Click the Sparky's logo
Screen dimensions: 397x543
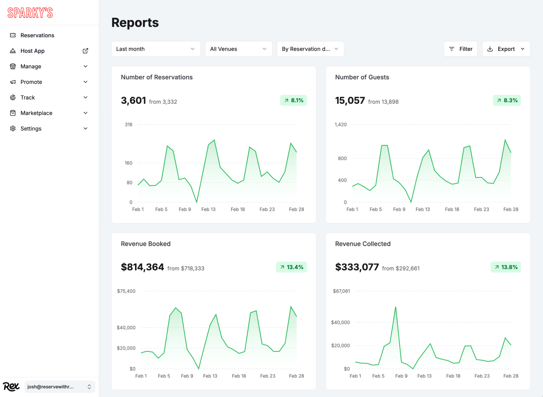pos(30,13)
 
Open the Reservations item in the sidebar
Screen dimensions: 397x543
pos(37,35)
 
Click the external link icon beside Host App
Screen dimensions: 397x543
pos(85,51)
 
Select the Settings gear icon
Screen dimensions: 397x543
pos(13,129)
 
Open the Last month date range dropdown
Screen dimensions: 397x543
pos(155,49)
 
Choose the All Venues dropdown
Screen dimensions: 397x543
pos(238,49)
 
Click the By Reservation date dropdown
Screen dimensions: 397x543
pos(310,49)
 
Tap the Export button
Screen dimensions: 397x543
pos(506,49)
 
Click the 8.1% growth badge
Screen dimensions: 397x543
pos(293,100)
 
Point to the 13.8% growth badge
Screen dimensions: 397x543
pos(506,267)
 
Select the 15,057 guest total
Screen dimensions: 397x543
pos(350,101)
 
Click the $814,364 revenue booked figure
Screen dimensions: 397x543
pos(142,267)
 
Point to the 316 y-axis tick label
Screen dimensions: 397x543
pos(128,125)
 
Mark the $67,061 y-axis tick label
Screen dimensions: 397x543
pos(341,291)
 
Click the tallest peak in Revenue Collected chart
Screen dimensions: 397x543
pos(396,307)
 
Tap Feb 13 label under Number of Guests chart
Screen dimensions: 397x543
pos(422,210)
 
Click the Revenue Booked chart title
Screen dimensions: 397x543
pos(145,244)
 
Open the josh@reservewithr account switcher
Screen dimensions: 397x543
pos(60,387)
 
